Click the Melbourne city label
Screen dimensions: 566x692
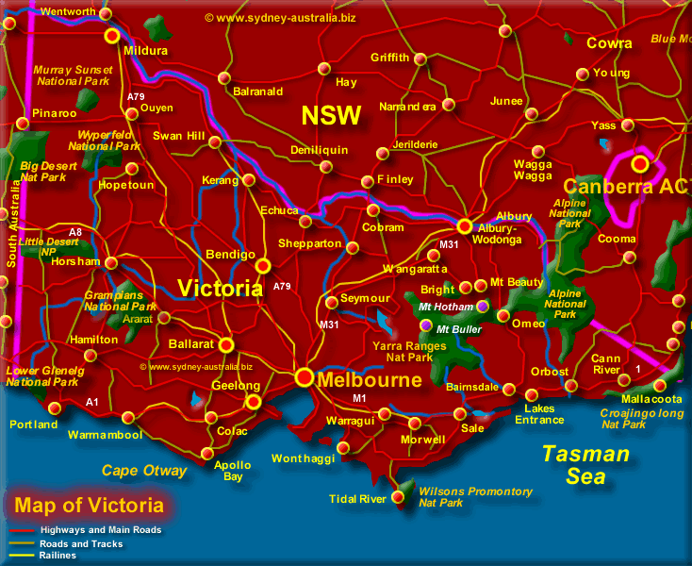pos(370,381)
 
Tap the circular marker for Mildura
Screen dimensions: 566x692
pos(112,36)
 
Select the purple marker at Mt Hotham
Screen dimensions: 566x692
pos(483,307)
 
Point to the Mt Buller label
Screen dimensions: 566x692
pos(459,329)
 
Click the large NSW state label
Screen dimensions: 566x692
pos(331,116)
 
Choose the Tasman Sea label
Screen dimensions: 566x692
pos(585,465)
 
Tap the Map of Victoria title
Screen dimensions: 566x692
pos(89,506)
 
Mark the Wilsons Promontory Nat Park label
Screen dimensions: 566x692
pos(475,497)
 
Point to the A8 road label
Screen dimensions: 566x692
pos(75,231)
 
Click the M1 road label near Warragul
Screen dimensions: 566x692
pos(359,399)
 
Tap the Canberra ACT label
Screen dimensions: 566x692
pos(628,187)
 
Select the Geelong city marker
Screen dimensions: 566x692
pos(253,402)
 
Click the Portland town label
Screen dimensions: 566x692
pos(34,424)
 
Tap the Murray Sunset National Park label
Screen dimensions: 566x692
pos(73,75)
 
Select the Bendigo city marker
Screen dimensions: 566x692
pos(263,266)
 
